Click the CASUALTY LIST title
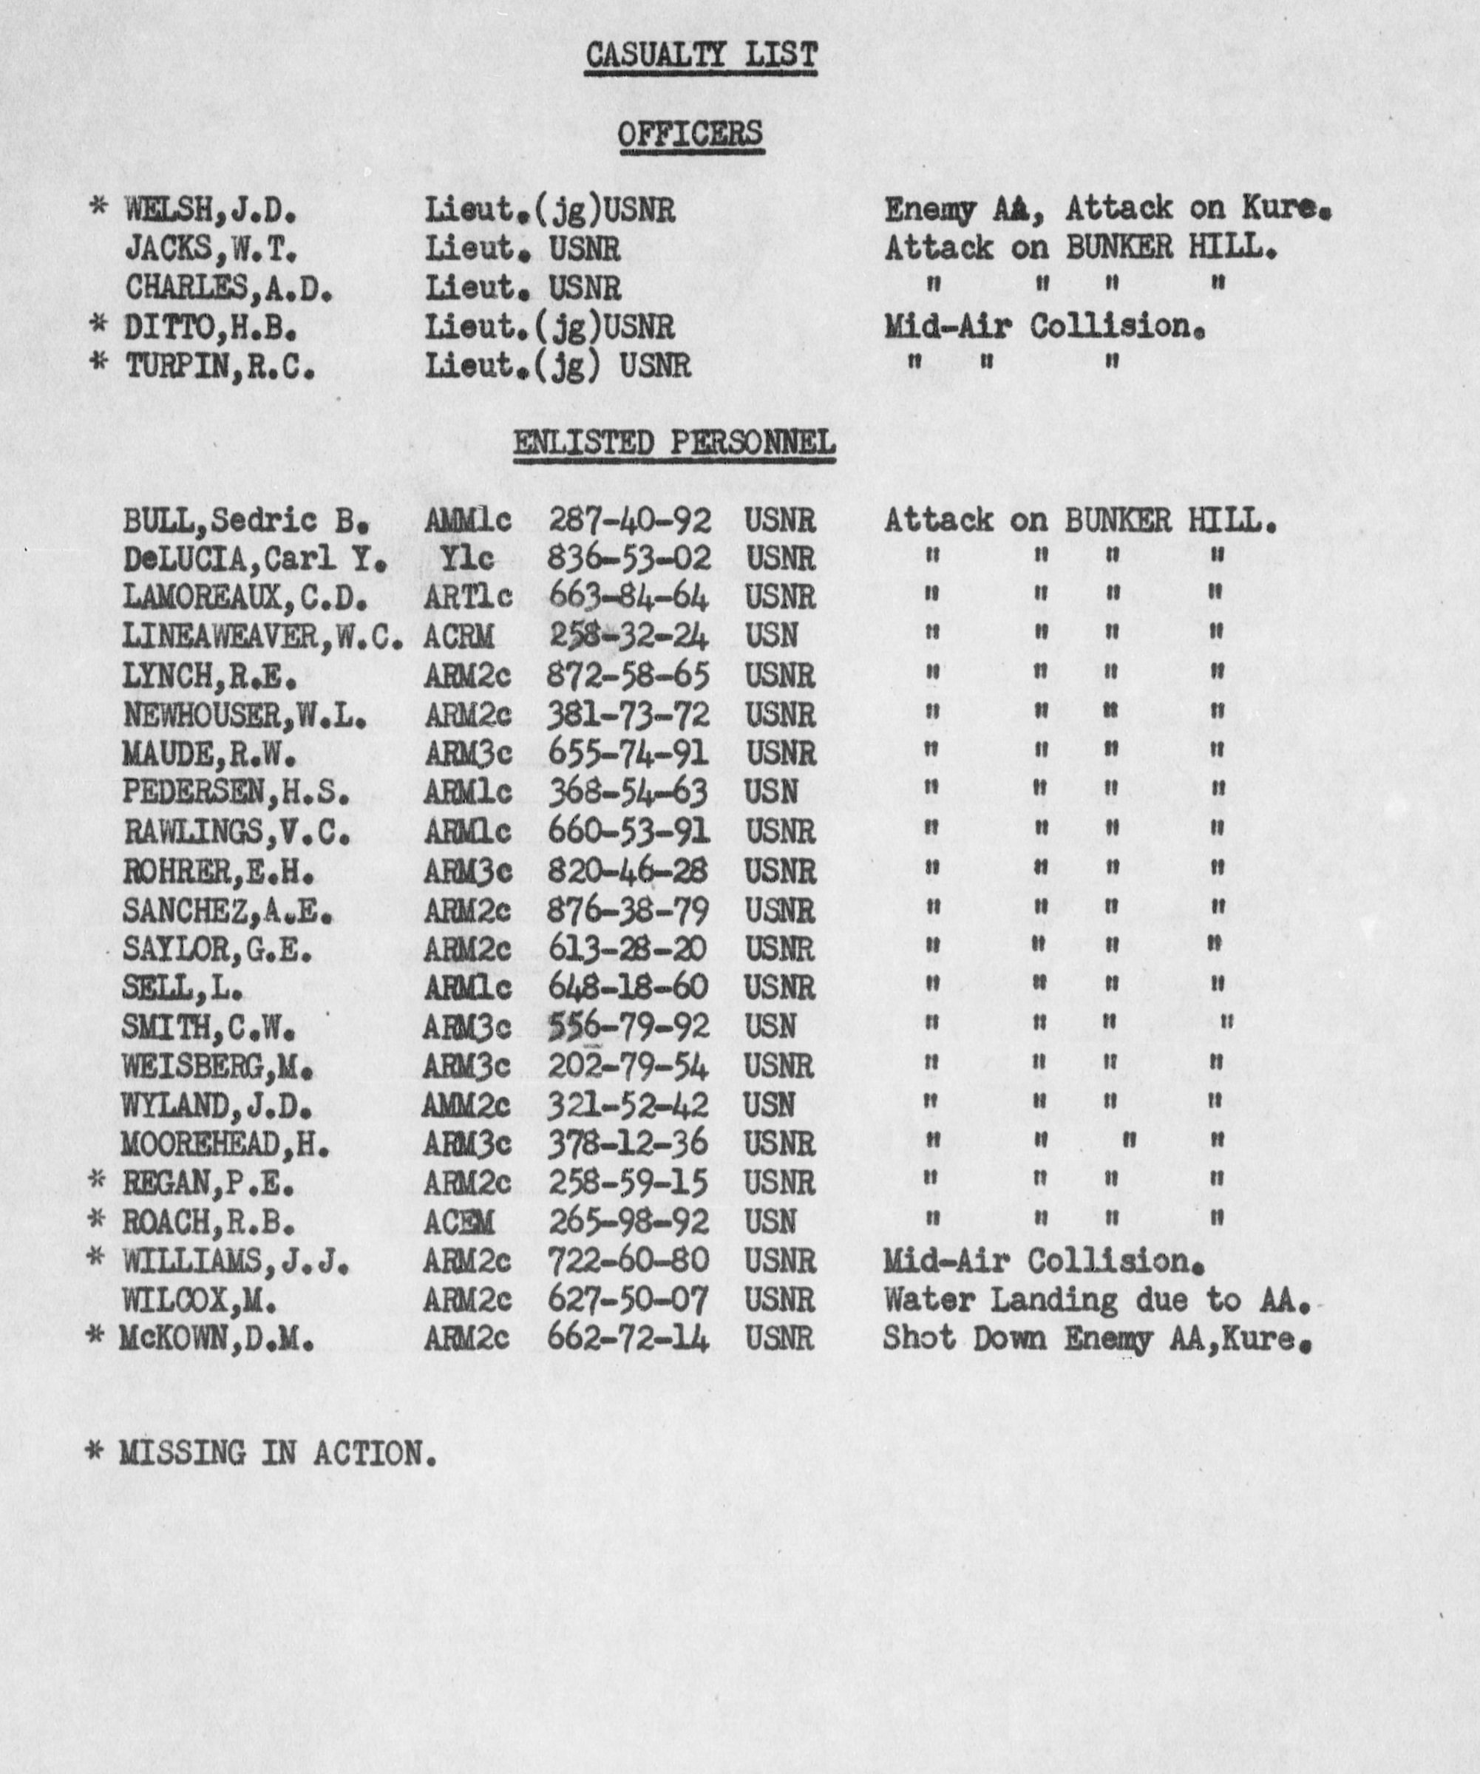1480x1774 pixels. point(701,55)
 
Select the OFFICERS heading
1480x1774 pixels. point(690,135)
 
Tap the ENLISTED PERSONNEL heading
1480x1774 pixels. point(674,443)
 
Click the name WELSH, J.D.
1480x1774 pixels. point(211,209)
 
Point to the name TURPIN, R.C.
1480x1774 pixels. point(220,367)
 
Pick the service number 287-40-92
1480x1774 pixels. point(629,520)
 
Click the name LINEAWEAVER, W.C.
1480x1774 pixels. point(262,637)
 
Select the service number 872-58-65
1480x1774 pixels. point(628,676)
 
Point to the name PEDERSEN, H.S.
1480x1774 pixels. point(236,792)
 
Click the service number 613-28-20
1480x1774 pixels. point(628,948)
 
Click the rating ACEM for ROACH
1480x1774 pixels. point(458,1223)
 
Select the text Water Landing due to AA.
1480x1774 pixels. point(1096,1300)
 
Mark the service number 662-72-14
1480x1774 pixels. point(628,1339)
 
